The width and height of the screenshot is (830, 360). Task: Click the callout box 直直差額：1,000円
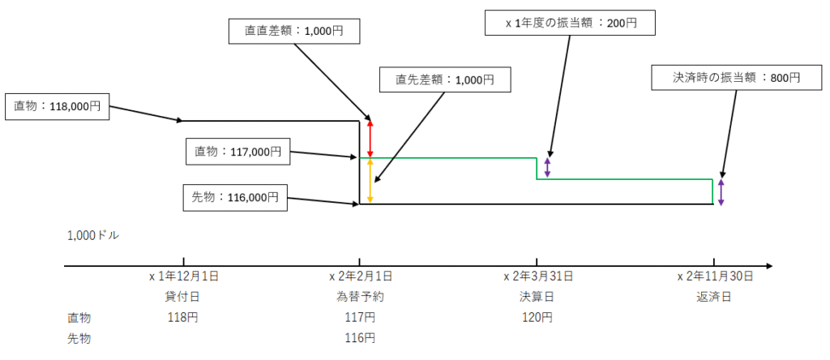coord(294,31)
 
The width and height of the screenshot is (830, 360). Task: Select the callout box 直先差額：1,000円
coord(445,79)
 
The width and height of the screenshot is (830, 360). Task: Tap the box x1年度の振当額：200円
coord(571,24)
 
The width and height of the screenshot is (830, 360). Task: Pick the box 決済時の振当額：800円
coord(736,77)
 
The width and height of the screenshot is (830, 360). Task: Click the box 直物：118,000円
coord(57,106)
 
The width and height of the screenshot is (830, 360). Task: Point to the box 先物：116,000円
coord(235,198)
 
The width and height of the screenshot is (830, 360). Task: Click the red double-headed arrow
coord(370,139)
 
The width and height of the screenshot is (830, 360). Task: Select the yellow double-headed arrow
coord(370,181)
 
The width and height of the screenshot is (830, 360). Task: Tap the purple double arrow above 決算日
coord(547,167)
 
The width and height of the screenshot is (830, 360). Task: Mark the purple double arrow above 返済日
coord(721,192)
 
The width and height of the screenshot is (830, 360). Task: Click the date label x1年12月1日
coord(184,276)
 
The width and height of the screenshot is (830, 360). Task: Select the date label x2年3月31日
coord(538,276)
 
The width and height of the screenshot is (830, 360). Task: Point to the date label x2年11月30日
coord(715,276)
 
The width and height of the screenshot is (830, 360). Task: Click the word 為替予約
coord(361,297)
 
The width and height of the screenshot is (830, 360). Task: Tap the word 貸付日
coord(183,297)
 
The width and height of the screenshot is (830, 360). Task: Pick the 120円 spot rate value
coord(538,318)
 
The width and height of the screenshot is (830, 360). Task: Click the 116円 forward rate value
coord(361,338)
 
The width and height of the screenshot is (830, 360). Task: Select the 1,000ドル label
coord(94,236)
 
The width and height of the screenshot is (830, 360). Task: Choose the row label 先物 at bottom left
coord(79,338)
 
